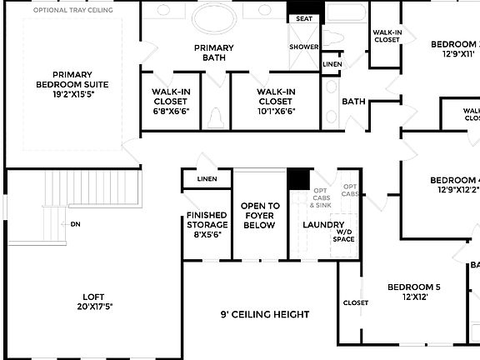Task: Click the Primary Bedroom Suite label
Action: tap(72, 85)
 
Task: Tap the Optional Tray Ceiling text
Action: tap(72, 10)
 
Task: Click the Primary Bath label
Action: tap(214, 52)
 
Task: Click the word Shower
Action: tap(304, 47)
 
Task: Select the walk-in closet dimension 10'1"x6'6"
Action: tap(276, 111)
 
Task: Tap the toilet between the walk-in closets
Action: tap(214, 118)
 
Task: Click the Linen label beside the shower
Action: tap(332, 64)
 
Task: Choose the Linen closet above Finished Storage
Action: tap(207, 178)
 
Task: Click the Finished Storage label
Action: tap(207, 225)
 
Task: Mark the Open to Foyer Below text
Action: tap(259, 215)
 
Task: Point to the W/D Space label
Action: tap(343, 235)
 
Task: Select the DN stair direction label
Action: tap(75, 224)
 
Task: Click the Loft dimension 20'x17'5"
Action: tap(92, 306)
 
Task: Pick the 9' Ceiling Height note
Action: tap(264, 314)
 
